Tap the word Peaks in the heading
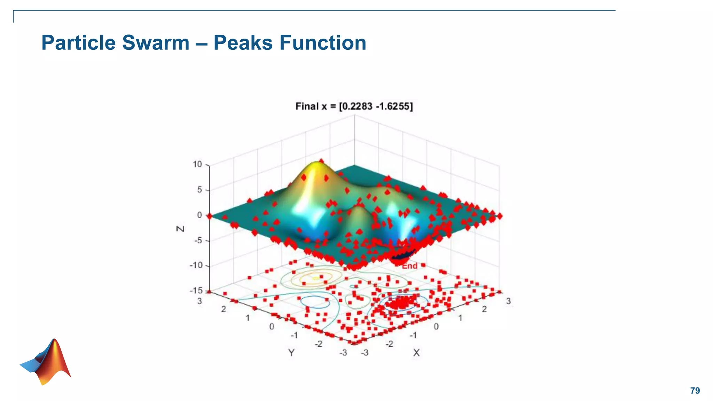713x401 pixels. click(243, 43)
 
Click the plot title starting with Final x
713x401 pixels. click(354, 106)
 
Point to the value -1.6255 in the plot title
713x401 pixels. click(394, 106)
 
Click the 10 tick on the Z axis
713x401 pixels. click(197, 164)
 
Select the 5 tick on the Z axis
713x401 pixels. click(199, 190)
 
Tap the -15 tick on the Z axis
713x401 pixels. click(196, 290)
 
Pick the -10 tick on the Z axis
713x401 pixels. click(196, 265)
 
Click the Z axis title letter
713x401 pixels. click(180, 229)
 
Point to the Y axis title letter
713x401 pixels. click(291, 353)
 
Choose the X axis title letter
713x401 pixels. click(416, 353)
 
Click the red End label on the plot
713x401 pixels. click(410, 266)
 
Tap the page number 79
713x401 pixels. click(695, 391)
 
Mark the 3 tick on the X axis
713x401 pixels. click(508, 301)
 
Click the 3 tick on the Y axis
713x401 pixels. click(199, 301)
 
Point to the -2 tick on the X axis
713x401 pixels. click(389, 344)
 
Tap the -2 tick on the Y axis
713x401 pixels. click(318, 344)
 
